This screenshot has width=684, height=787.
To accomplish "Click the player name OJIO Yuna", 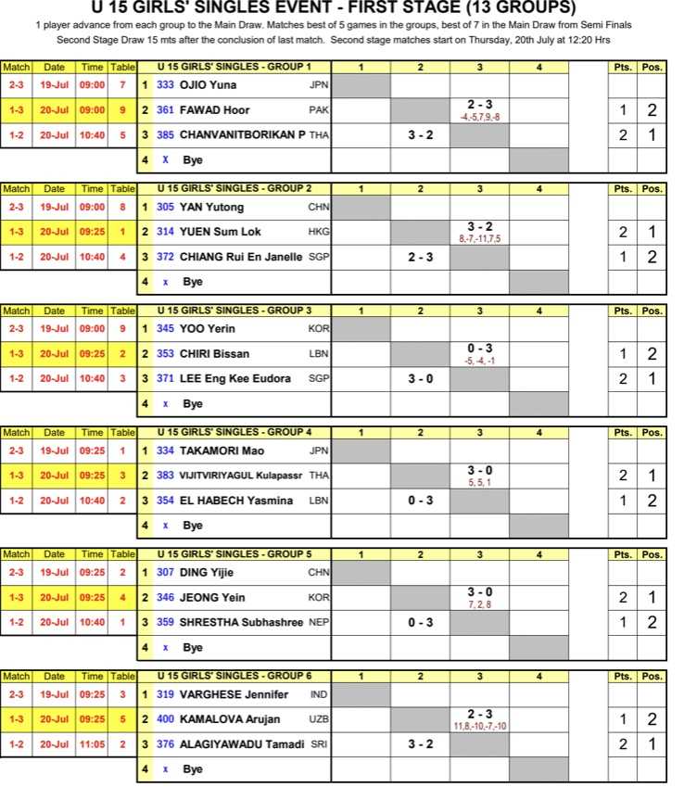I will coord(209,85).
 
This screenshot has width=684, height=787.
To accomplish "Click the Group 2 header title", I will coord(234,188).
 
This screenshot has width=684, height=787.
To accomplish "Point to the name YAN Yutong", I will coord(212,208).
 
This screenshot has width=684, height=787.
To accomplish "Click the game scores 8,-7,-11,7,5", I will coord(478,239).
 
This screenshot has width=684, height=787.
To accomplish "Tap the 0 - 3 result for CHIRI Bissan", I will coord(479,349).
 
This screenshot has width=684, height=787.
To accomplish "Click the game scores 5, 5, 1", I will coord(479,483).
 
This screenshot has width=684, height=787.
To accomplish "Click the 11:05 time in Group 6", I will coord(92,744).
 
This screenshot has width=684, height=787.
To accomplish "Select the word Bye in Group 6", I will coord(193,769).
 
